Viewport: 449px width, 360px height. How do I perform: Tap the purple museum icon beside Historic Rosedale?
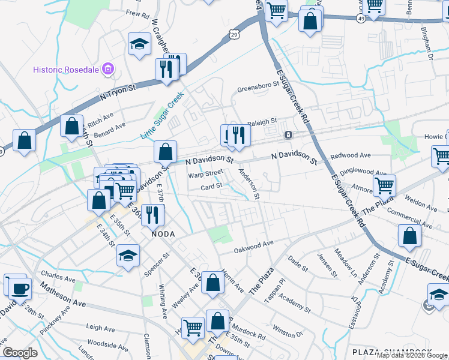coord(108,70)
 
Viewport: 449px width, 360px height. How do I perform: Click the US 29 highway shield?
coord(234,36)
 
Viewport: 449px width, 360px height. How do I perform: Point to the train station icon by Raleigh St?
coord(288,134)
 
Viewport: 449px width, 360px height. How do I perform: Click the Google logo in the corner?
coord(20,353)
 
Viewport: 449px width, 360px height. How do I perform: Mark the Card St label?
coord(211,186)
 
